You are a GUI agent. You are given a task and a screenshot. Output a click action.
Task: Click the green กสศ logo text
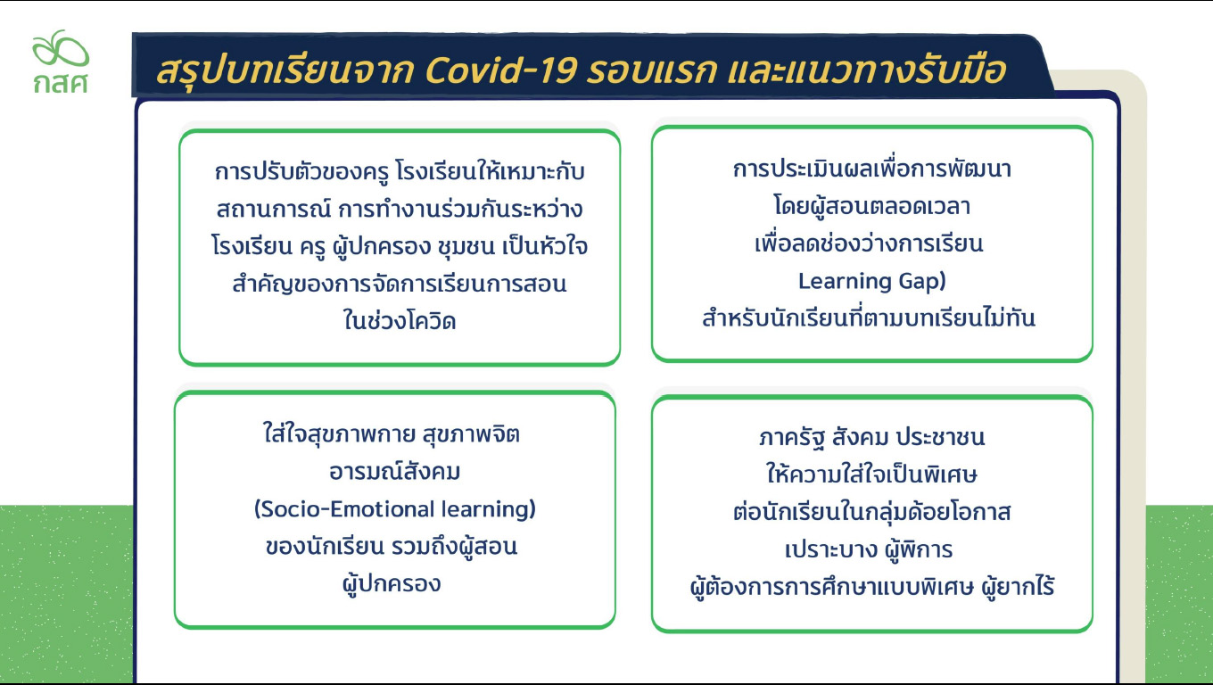pos(60,83)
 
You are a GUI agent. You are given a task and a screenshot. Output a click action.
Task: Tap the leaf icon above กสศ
pos(61,48)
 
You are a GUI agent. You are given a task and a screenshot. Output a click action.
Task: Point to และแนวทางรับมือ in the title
pos(866,70)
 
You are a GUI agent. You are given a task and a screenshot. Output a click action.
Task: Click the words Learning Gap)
pos(872,281)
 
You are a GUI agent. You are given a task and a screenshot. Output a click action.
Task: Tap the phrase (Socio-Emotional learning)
pos(395,509)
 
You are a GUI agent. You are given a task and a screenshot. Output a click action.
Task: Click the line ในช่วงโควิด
pos(400,319)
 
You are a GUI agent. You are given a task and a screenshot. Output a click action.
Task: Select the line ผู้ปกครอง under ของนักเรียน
pos(392,583)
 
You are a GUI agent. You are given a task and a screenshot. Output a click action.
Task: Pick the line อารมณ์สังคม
pos(395,471)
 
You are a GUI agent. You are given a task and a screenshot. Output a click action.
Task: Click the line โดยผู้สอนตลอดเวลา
pos(872,206)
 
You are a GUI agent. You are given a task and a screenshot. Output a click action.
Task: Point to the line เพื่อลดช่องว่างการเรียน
pos(869,243)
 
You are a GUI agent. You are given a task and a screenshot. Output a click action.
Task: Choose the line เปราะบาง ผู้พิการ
pos(869,549)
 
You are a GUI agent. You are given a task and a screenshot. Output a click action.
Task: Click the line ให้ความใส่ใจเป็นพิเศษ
pos(871,475)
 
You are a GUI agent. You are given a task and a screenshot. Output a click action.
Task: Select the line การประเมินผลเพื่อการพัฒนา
pos(872,169)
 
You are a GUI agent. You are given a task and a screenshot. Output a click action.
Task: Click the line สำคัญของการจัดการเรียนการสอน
pos(400,284)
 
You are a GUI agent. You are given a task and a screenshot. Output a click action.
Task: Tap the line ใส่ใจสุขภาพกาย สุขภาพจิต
pos(392,433)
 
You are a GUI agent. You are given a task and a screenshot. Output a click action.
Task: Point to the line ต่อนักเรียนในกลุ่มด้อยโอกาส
pos(872,512)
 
